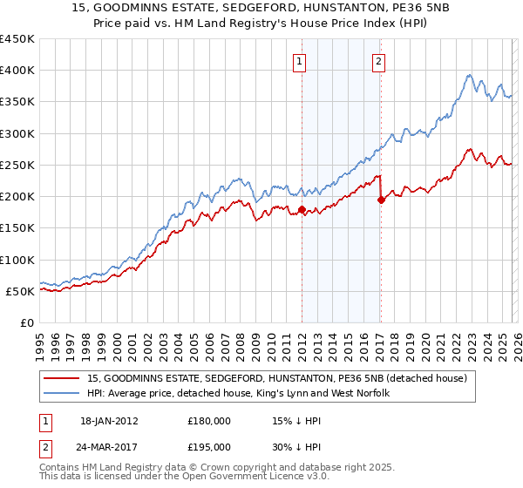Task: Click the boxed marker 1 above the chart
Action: (300, 61)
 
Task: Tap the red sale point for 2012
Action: (302, 209)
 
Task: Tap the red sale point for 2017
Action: (381, 200)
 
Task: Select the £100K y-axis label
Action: (17, 260)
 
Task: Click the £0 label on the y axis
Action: (27, 322)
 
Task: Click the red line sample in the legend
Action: (62, 378)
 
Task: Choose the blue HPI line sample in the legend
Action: (62, 393)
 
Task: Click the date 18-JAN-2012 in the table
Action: (108, 420)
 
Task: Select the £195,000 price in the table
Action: (209, 446)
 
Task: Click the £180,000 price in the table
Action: (209, 420)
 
